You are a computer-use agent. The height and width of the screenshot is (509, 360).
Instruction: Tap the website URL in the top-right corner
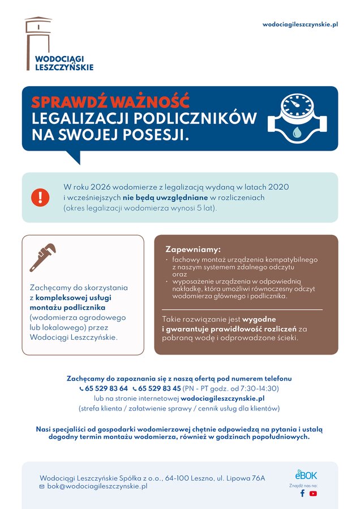[x=300, y=25]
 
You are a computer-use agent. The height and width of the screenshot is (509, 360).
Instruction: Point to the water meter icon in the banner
[x=297, y=118]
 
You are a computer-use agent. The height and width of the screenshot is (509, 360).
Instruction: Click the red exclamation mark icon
[x=40, y=197]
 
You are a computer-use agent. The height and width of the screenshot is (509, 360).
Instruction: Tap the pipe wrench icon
[x=43, y=258]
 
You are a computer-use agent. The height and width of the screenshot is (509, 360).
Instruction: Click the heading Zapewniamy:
[x=192, y=250]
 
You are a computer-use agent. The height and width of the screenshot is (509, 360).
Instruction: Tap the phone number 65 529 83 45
[x=159, y=388]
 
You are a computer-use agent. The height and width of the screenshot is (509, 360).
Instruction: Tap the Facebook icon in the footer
[x=302, y=493]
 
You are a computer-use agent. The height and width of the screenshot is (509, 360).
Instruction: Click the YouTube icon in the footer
[x=313, y=493]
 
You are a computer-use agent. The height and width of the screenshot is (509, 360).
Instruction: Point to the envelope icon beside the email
[x=42, y=487]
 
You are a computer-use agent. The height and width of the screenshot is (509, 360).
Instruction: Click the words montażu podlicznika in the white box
[x=68, y=307]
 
